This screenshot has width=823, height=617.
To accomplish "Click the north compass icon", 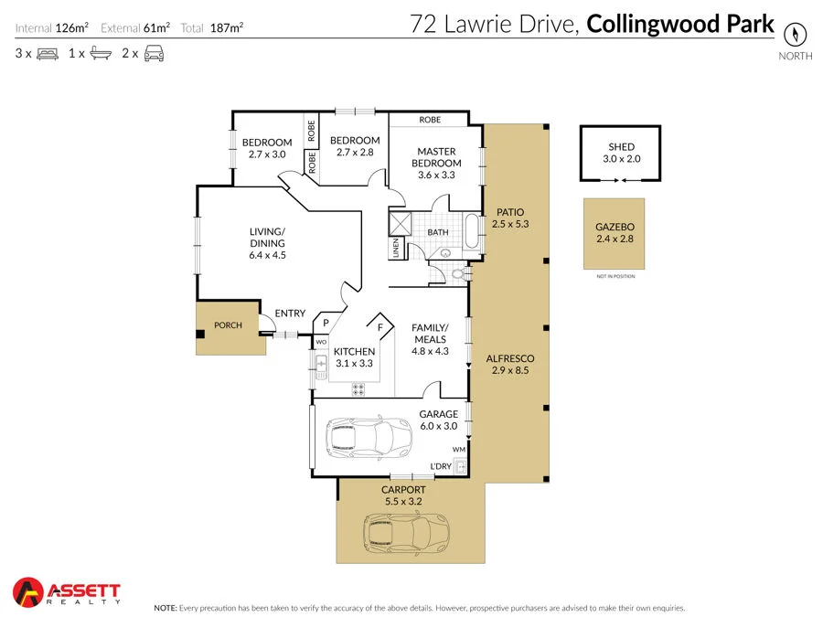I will click(796, 35).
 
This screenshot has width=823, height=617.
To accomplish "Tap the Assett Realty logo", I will click(67, 592).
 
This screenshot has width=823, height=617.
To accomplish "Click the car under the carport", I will click(407, 531).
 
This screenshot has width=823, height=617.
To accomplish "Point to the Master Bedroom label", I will click(436, 157).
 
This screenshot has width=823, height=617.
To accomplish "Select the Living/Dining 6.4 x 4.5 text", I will click(267, 243).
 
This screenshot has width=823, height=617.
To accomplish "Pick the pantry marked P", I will click(326, 323).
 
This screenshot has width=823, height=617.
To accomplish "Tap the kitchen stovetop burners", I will click(359, 388).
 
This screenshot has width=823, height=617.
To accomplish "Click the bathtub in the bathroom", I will click(471, 233).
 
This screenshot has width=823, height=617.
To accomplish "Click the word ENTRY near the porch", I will click(290, 314).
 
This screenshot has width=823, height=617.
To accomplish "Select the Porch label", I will click(228, 325).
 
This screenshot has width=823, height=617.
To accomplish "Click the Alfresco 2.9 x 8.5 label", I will click(510, 365).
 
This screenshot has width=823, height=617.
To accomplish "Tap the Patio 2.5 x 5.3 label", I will click(509, 218).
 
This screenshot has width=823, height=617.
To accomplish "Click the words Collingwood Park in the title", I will click(679, 24).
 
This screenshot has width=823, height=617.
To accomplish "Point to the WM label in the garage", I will click(458, 450).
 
